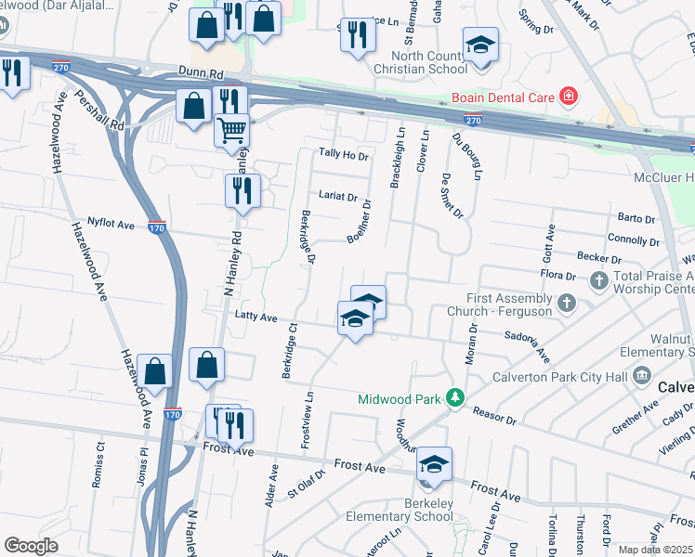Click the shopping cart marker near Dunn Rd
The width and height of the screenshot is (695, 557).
click(x=231, y=129)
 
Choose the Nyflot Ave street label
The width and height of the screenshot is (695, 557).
click(x=111, y=224)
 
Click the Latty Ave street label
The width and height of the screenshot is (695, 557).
click(x=257, y=317)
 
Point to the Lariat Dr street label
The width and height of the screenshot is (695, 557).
click(x=337, y=197)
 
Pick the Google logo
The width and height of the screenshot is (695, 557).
click(x=31, y=545)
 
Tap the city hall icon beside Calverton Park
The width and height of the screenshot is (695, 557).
click(x=641, y=375)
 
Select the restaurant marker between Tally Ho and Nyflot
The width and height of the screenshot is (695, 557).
click(x=242, y=191)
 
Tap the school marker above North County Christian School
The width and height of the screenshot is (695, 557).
click(x=480, y=44)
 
